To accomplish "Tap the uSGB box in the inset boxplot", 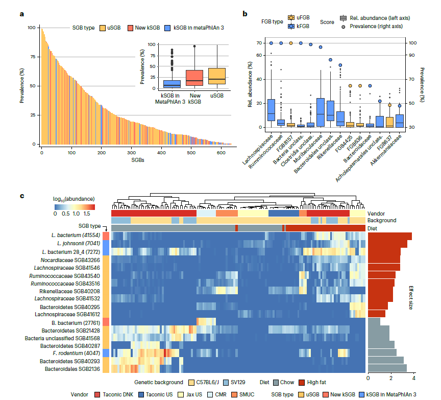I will click(x=217, y=76).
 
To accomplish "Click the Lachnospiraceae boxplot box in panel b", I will click(x=272, y=110).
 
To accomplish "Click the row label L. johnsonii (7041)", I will click(x=79, y=243).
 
